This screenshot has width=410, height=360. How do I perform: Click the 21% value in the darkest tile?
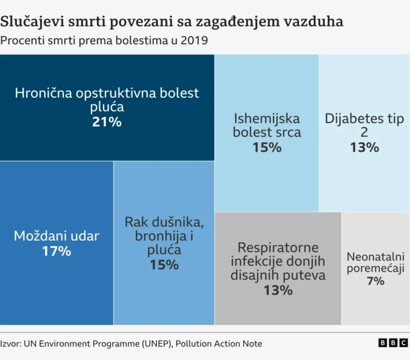coord(107,122)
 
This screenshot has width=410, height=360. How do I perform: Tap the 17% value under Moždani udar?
coord(56,251)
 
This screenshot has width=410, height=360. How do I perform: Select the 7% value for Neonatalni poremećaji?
coord(375,281)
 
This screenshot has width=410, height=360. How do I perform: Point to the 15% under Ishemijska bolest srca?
coord(266,147)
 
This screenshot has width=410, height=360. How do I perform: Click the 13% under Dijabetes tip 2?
coord(364,147)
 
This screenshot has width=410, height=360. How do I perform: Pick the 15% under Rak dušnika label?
coord(164,264)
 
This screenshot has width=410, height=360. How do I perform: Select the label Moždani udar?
coord(56,236)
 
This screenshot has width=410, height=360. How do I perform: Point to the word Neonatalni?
coord(375,257)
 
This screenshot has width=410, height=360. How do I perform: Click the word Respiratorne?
coord(278,247)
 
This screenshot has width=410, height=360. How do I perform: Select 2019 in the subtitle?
coord(195,41)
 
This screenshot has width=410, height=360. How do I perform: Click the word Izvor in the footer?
coord(10,344)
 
